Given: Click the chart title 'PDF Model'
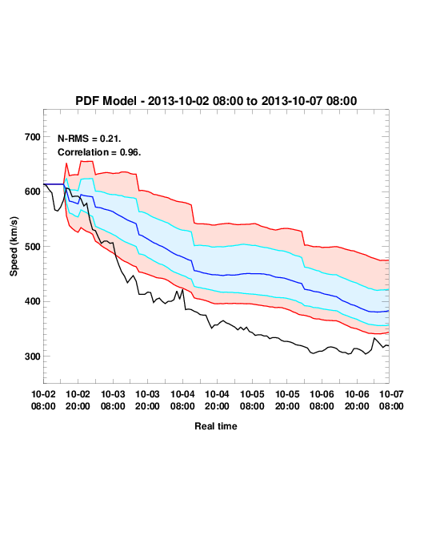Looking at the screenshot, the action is coord(106,101).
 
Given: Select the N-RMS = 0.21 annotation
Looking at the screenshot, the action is coord(90,139).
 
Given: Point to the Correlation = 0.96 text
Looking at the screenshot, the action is coord(99,152).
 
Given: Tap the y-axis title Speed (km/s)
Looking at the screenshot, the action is coord(14,247).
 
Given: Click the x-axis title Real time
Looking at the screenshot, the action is coord(216,426).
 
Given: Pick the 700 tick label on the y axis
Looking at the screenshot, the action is coord(33,137).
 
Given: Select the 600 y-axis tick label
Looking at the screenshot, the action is coord(33,191).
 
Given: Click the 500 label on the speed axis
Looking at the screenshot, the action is coord(33,247).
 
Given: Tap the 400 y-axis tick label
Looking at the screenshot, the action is coord(33,301).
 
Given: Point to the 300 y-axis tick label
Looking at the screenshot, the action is coord(33,357).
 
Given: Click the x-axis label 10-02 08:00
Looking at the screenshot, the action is coord(43,400).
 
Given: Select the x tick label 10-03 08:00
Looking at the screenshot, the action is coord(113,400).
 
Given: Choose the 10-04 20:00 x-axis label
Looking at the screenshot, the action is coord(217,400).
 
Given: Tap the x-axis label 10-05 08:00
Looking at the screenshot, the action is coord(252,400).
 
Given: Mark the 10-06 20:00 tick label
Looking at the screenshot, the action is coord(357,400).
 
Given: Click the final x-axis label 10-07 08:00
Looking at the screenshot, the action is coord(391,400).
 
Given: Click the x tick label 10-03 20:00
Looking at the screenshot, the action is coord(147,400).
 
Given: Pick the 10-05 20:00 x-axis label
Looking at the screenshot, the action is coord(287,400).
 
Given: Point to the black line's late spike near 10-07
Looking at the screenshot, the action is coord(374,338).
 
